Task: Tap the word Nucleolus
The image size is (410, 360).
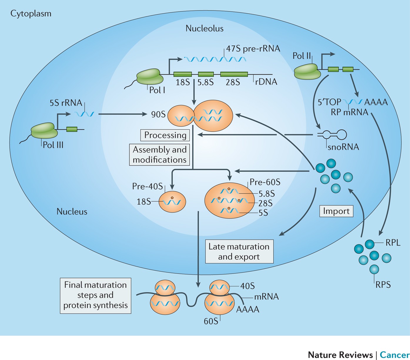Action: (204, 28)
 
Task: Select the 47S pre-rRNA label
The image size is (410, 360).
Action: (253, 49)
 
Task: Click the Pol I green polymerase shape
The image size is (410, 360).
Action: (150, 76)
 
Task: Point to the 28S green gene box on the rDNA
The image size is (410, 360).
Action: (234, 74)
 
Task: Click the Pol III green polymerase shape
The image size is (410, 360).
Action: (44, 130)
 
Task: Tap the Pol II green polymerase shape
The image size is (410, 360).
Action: (307, 71)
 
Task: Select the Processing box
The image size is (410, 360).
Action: (165, 135)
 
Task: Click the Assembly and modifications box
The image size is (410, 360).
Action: (160, 155)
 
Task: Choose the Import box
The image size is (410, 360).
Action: (336, 211)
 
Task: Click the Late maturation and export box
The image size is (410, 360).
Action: (239, 252)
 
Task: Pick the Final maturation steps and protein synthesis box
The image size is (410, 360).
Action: (96, 296)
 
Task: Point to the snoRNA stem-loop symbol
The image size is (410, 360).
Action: (332, 135)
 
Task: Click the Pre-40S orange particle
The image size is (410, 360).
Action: (172, 202)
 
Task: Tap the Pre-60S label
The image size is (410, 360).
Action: (265, 182)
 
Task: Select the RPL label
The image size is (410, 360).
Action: (393, 242)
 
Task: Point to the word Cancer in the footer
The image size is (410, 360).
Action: (395, 355)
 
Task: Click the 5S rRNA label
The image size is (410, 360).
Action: (66, 103)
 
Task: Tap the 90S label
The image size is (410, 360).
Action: (158, 115)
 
